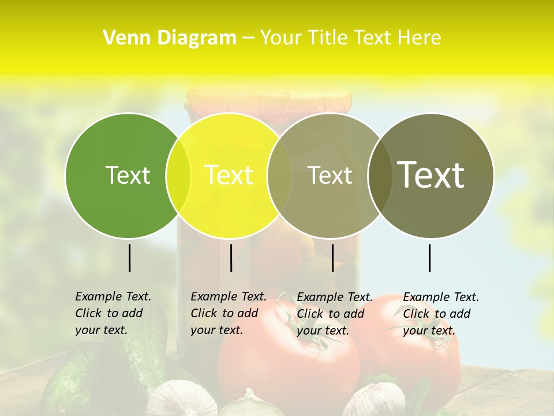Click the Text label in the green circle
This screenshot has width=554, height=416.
click(128, 175)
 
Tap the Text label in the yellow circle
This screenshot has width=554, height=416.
click(229, 175)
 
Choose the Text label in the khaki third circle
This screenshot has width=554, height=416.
click(330, 175)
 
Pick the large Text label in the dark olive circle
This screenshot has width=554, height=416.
click(431, 175)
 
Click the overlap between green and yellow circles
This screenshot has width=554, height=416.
click(178, 175)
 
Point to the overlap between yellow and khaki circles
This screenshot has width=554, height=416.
click(280, 175)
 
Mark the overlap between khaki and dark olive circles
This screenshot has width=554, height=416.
click(380, 175)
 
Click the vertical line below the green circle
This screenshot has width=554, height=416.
click(129, 258)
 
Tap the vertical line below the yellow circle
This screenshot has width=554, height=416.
click(231, 258)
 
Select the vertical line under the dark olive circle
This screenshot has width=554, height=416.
click(429, 258)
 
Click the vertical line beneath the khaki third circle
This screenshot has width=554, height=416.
click(332, 258)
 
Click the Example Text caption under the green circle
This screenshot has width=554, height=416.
click(113, 313)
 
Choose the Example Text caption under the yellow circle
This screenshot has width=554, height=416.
click(228, 313)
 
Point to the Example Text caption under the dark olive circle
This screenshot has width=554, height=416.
click(440, 314)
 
